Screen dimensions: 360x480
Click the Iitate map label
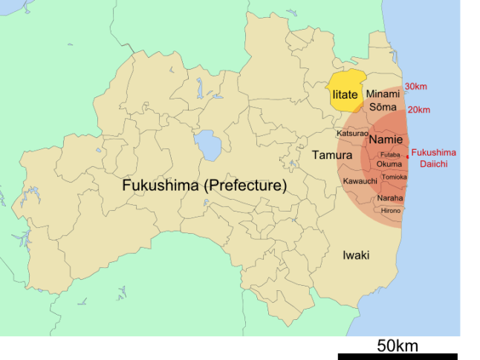[345, 94]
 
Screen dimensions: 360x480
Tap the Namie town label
[386, 140]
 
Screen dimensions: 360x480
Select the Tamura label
[332, 155]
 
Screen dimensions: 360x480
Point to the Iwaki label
[357, 255]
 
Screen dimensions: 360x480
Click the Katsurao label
[352, 134]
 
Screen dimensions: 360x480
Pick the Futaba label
[390, 154]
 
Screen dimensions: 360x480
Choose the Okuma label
[389, 163]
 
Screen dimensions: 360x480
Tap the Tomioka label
[394, 177]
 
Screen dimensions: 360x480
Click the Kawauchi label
[360, 181]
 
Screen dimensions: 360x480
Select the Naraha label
[390, 198]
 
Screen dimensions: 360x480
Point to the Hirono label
[391, 211]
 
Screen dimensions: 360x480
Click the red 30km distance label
[415, 86]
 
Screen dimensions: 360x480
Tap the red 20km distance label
[419, 110]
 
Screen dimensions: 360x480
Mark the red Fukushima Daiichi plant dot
[408, 157]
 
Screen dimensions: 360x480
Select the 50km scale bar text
[397, 345]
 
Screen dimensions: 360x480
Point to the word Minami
[383, 94]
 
